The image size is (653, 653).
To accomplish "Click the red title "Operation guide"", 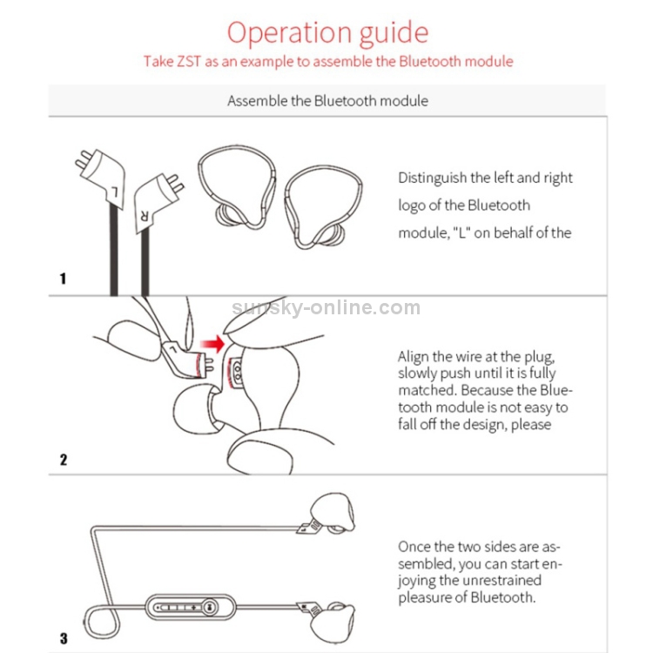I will [x=327, y=32].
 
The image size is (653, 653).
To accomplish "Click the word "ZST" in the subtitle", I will [x=192, y=62].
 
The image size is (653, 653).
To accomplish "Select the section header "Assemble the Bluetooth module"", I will [x=327, y=101].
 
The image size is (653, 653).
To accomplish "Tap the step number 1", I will [x=63, y=279].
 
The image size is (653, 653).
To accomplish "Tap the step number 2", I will [x=63, y=459].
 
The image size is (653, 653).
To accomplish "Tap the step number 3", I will [x=63, y=638].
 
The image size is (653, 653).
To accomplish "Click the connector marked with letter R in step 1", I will [x=154, y=196].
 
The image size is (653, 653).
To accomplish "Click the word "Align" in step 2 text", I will [x=414, y=357].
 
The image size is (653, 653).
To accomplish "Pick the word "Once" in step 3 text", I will [x=414, y=547].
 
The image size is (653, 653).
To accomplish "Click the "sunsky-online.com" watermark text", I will [x=327, y=307].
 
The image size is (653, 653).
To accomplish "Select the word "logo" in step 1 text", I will [x=414, y=206].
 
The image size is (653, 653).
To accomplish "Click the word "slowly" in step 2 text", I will [x=419, y=374].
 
